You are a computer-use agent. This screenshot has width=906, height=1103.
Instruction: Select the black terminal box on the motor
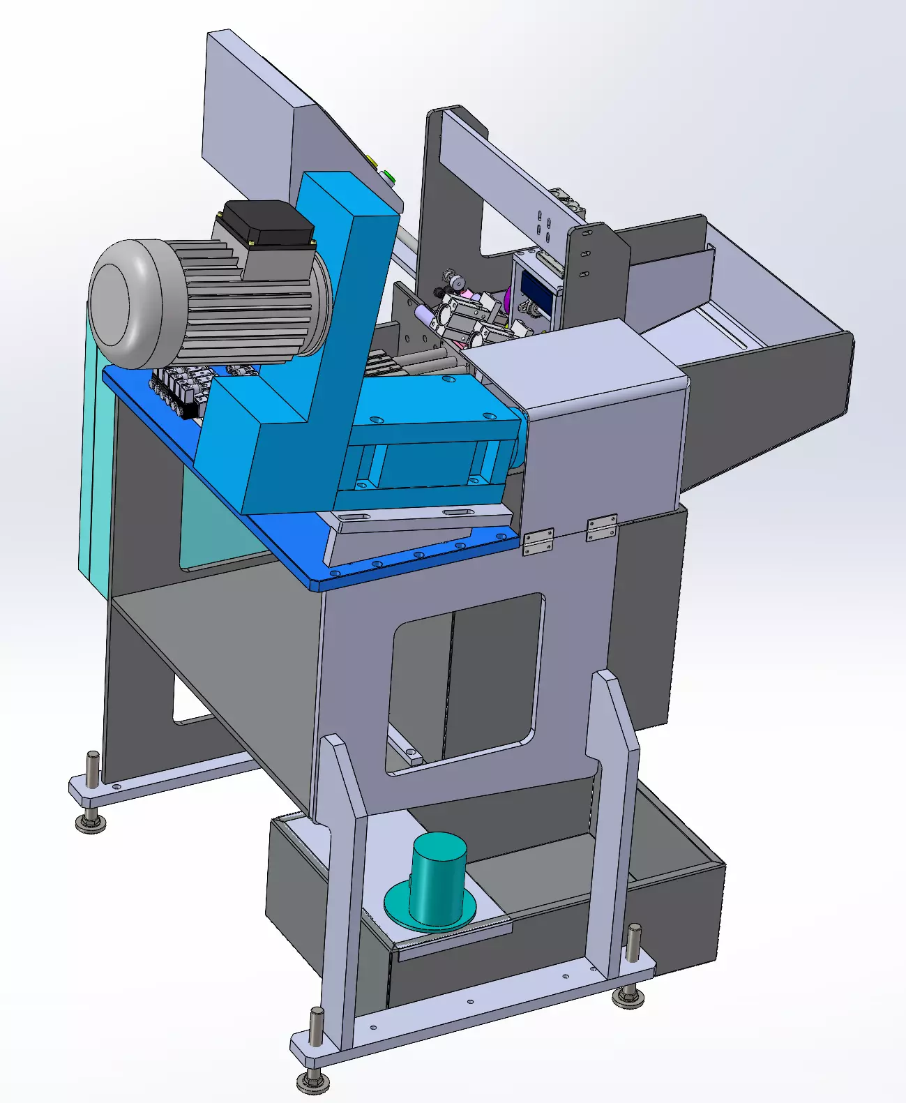click(268, 222)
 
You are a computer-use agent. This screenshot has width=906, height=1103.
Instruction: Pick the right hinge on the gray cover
click(601, 527)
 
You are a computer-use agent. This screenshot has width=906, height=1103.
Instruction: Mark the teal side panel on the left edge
click(94, 453)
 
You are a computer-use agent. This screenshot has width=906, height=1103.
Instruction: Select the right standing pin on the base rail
click(633, 945)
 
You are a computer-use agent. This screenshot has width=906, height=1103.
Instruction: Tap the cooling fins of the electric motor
click(244, 307)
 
